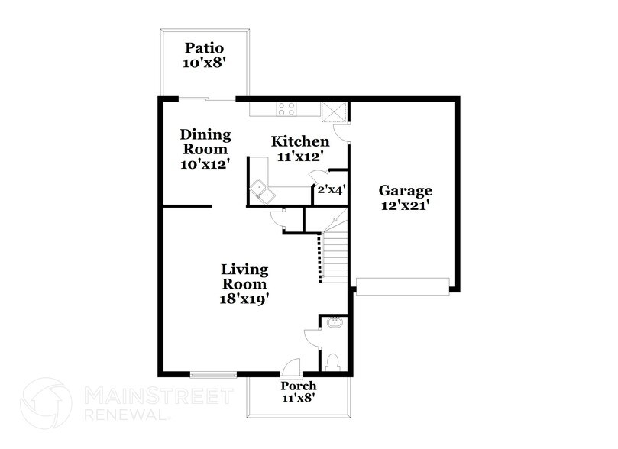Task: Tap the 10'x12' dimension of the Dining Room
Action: (205, 163)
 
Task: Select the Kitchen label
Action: (301, 141)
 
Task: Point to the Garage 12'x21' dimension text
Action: (406, 205)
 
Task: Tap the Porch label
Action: (299, 386)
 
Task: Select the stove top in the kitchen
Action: (287, 108)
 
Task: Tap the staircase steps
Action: (335, 256)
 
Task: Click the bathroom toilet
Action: (333, 361)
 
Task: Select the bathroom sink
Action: (334, 323)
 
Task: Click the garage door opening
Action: (403, 286)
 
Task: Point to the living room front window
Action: (213, 374)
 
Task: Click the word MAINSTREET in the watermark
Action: (156, 396)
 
